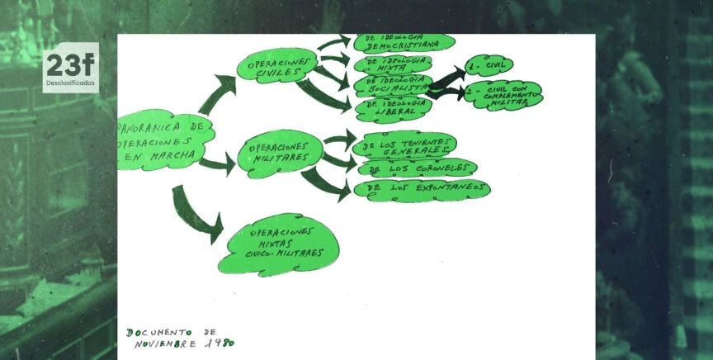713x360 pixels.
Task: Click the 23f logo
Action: pos(70,64)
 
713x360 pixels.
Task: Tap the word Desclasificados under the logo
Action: pos(70,83)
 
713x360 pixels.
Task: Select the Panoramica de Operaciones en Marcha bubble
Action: pos(164,141)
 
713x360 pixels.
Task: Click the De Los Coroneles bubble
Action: pos(418,168)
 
